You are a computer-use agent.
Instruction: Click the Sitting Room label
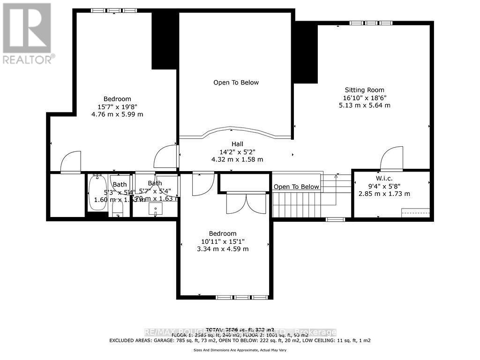(364, 90)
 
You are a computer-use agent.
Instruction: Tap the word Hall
(237, 144)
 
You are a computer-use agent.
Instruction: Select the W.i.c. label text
(384, 178)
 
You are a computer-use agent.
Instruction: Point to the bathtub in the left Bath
(97, 193)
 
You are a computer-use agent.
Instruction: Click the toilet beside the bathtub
(117, 210)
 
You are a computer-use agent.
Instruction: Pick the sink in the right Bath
(155, 209)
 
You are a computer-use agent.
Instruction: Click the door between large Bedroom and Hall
(166, 157)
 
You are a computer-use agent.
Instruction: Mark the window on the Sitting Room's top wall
(371, 23)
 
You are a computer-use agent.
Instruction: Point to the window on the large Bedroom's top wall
(114, 10)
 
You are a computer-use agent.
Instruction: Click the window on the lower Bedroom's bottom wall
(242, 297)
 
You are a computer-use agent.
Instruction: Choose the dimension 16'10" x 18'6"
(364, 98)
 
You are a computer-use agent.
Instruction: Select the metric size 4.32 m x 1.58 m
(237, 159)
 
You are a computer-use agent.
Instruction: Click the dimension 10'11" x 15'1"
(223, 241)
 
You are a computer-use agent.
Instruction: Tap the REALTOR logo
(27, 33)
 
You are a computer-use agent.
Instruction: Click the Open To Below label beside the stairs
(296, 187)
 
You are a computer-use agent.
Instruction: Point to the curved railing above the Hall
(234, 132)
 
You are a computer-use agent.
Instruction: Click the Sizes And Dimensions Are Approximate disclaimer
(240, 350)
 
